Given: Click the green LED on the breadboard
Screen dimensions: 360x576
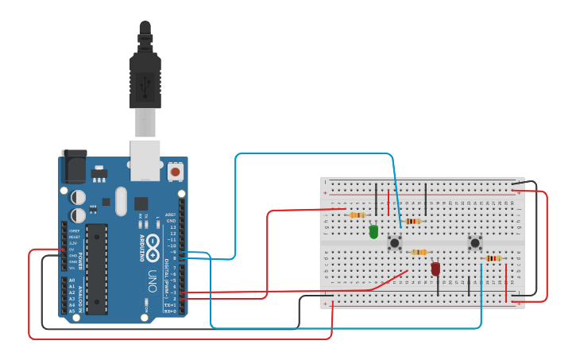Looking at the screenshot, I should click(x=373, y=231).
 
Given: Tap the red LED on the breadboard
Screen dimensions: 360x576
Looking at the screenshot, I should click(x=435, y=269).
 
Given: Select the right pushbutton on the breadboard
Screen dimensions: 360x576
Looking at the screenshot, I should click(x=475, y=242).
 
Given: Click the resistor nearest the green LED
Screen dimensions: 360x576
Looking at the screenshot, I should click(x=357, y=215).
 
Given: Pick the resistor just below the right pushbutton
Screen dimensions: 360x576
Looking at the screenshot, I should click(x=493, y=258).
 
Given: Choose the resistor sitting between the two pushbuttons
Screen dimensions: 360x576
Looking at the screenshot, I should click(x=419, y=252).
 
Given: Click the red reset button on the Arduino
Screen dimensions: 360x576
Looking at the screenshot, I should click(x=175, y=170).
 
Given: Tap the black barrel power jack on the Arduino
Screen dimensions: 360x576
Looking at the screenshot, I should click(x=74, y=167).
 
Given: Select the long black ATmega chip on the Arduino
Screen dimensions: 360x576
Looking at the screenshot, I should click(x=96, y=268).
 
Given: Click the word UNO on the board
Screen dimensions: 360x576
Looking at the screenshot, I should click(x=151, y=280).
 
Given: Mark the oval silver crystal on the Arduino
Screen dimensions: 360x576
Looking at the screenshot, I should click(x=121, y=201).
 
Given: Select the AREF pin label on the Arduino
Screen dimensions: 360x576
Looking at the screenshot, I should click(x=171, y=215).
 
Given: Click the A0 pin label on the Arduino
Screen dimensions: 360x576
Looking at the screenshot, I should click(x=72, y=281).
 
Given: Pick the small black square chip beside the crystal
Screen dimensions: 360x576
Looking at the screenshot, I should click(x=141, y=203).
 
